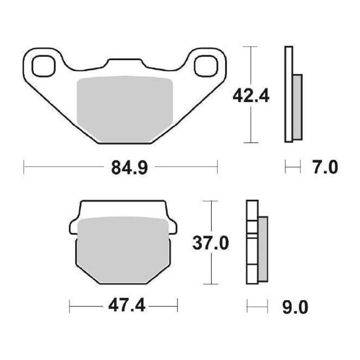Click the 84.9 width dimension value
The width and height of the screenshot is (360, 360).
pyautogui.click(x=129, y=168)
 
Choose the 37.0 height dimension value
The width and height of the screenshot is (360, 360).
pyautogui.click(x=211, y=243)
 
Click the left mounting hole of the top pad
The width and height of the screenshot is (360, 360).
pyautogui.click(x=44, y=66)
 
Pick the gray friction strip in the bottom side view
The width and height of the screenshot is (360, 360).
pyautogui.click(x=263, y=249)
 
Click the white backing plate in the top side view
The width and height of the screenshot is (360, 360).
pyautogui.click(x=289, y=94)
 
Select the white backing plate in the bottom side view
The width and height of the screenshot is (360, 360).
pyautogui.click(x=252, y=242)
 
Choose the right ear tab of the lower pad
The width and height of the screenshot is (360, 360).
pyautogui.click(x=173, y=228)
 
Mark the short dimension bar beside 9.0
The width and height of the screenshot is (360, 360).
pyautogui.click(x=257, y=306)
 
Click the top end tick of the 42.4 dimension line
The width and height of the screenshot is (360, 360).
pyautogui.click(x=251, y=47)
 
